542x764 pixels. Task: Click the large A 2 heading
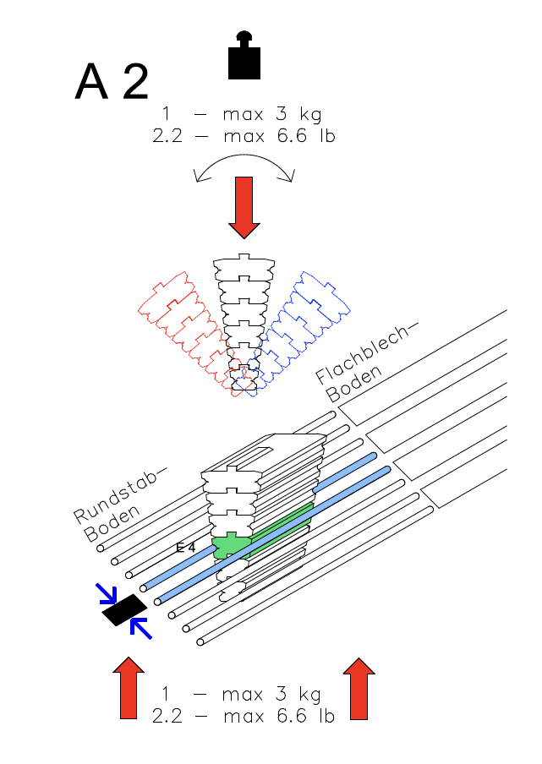coord(112,82)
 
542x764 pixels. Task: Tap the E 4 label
coord(185,548)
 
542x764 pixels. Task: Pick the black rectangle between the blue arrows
coord(124,609)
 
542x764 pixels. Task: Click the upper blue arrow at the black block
coord(107,594)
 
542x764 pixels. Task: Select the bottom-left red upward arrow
coord(129,688)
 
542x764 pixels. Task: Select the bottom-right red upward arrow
coord(359,688)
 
